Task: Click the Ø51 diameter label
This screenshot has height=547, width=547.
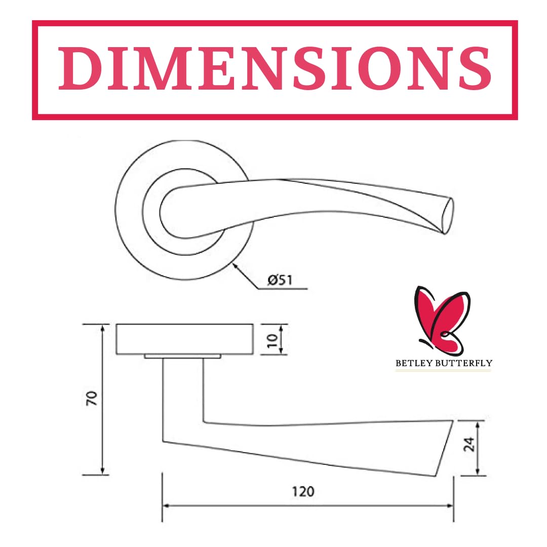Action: click(280, 280)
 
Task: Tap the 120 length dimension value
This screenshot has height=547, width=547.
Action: click(303, 491)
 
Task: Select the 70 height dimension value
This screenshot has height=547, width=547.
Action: click(92, 398)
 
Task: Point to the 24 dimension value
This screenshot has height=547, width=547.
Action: click(469, 444)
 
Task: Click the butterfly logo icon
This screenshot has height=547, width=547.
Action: click(442, 320)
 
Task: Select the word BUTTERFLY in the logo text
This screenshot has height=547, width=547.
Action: click(464, 363)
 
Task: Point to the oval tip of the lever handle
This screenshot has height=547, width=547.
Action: click(448, 216)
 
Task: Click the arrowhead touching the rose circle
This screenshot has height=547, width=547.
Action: click(236, 267)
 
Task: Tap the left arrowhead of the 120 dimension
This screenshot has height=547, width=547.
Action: click(167, 505)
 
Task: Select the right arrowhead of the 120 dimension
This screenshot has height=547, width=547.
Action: click(450, 505)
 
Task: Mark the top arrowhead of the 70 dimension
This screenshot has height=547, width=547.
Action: click(102, 329)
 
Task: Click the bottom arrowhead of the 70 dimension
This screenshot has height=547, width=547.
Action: click(102, 471)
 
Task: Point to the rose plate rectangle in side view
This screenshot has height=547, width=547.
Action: click(185, 339)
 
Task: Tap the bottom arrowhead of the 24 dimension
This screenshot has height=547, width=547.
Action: click(478, 472)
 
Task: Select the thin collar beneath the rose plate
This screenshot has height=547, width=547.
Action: click(182, 357)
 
